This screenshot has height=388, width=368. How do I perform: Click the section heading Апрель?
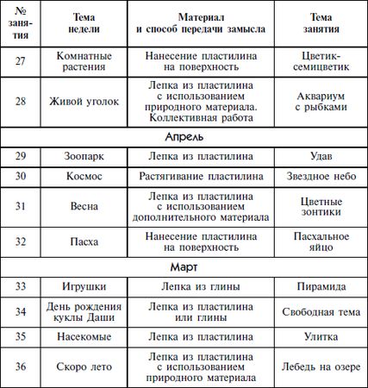click(184, 136)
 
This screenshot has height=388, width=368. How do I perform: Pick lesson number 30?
click(19, 175)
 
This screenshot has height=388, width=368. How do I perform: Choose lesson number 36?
click(19, 366)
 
